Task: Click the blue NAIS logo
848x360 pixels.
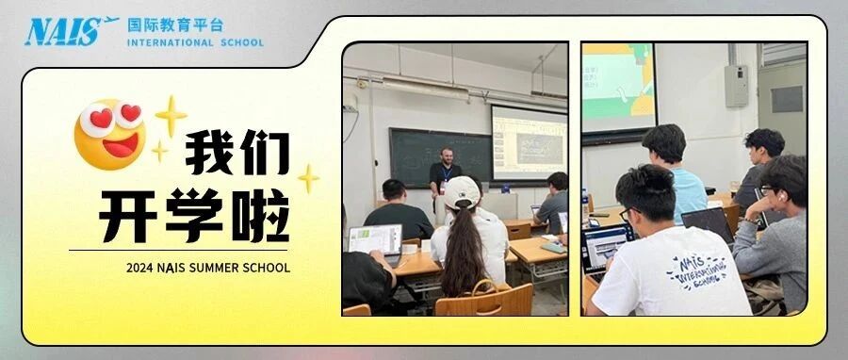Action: point(71,31)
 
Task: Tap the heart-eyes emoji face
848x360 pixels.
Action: point(110,134)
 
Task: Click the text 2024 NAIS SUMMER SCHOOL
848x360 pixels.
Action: point(207,268)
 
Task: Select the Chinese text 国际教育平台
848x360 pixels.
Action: point(175,25)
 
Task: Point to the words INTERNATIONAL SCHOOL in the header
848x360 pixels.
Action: point(195,42)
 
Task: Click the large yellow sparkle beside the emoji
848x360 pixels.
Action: point(171,116)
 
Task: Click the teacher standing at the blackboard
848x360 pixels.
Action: point(445,175)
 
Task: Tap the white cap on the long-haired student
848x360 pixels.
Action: point(462,192)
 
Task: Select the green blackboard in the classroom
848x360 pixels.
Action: point(440,156)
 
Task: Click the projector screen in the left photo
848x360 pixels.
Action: point(529,142)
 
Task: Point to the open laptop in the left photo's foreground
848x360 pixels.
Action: point(375,243)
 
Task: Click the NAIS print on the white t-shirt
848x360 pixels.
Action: point(696,270)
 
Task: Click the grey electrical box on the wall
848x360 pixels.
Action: point(736,86)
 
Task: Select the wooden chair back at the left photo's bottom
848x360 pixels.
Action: point(483,299)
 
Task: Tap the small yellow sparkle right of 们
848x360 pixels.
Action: point(308,178)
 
